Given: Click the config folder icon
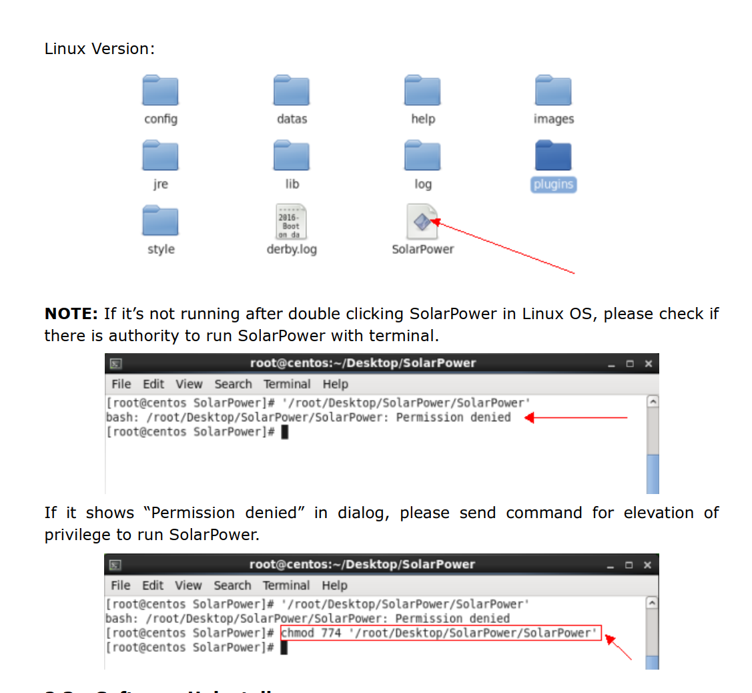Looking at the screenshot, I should [x=160, y=91].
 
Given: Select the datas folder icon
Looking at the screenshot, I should [x=292, y=91].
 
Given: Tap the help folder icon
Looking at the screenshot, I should [x=422, y=91].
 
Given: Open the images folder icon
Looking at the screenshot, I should [x=553, y=91].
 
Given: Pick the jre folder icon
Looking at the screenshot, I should [x=160, y=156].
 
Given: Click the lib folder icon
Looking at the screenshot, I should [x=292, y=156].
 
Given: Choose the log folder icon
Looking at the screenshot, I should [x=422, y=156].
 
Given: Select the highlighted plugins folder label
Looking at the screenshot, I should [x=553, y=184].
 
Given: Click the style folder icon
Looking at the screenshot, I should [x=160, y=221].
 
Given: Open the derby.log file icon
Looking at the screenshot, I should [x=292, y=222].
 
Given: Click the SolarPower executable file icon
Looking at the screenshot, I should [x=422, y=222].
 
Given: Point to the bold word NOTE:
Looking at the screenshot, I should [x=71, y=314].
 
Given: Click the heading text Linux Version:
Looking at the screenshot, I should [x=99, y=49].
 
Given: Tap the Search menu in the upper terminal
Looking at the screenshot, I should [x=233, y=384].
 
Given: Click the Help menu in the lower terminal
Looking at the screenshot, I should [x=334, y=586].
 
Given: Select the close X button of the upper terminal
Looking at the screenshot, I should [x=648, y=364].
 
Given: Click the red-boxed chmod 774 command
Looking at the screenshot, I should [x=441, y=633].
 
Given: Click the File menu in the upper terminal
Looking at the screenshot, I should [x=121, y=384].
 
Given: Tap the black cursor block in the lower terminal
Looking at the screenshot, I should [x=284, y=648].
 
